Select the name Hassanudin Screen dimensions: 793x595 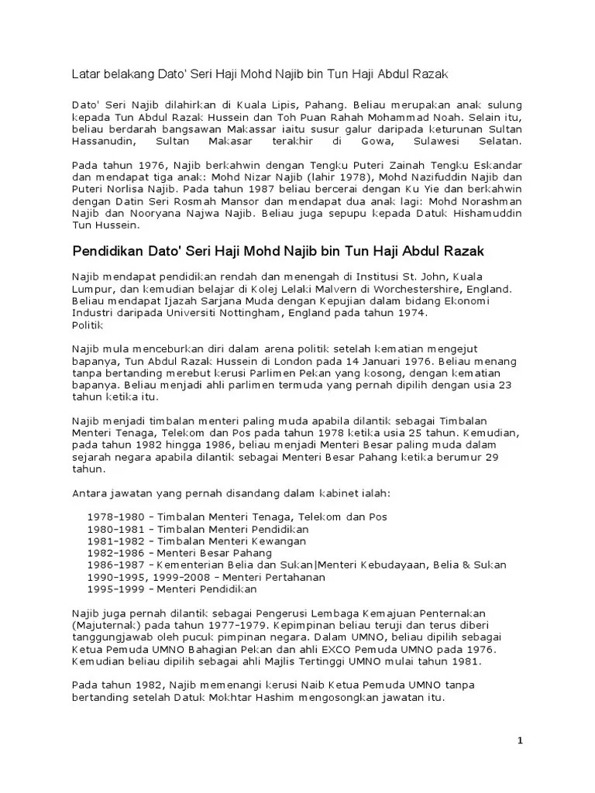click(x=104, y=144)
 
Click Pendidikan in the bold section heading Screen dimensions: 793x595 click(x=109, y=252)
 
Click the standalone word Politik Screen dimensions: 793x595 click(x=88, y=326)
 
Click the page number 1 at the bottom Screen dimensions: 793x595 click(x=521, y=742)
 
